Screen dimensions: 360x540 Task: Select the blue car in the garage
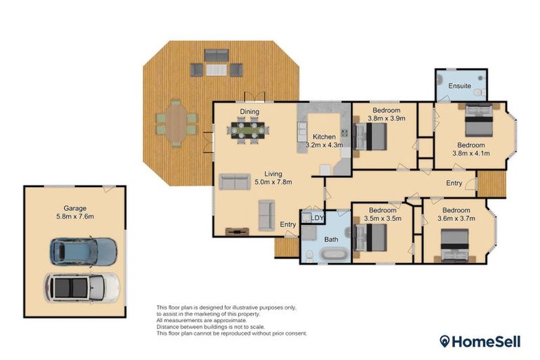tap(83, 250)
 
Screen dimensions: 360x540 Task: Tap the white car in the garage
tap(82, 286)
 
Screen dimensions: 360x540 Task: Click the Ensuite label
tap(460, 86)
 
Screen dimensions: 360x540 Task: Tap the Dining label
tap(249, 112)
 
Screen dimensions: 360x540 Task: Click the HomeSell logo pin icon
tap(445, 342)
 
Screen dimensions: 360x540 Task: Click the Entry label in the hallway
tap(454, 183)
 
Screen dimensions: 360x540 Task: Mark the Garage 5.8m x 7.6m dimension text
tap(68, 217)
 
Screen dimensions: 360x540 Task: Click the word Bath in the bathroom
tap(330, 240)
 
